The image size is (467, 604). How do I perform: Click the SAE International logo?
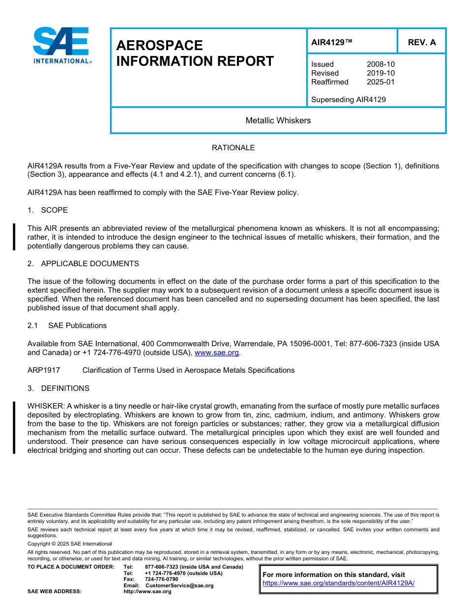[x=61, y=45]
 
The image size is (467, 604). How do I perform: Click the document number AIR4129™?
[x=332, y=42]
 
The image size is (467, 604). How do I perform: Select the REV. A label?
[x=421, y=42]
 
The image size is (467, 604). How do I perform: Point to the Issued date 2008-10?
[x=380, y=64]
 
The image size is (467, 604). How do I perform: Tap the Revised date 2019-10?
[x=380, y=73]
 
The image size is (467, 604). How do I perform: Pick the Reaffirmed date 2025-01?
[x=380, y=82]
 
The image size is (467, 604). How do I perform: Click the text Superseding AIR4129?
[x=348, y=100]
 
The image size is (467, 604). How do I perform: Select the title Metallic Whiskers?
[x=278, y=120]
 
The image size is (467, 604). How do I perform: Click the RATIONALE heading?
[x=233, y=148]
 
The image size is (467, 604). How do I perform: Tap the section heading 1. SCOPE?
[x=48, y=210]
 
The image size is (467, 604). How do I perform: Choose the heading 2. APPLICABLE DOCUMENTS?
[x=83, y=264]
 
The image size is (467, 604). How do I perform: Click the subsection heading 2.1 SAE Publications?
[x=67, y=326]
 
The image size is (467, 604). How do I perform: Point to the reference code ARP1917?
[x=44, y=370]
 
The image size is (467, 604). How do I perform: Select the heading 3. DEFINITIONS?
[x=58, y=388]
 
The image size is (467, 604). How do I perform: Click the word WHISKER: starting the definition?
[x=46, y=406]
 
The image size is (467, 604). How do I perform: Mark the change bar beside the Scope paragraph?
[x=14, y=237]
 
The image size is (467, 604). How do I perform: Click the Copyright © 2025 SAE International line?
[x=70, y=544]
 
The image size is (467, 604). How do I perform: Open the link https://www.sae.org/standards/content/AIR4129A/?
[x=338, y=583]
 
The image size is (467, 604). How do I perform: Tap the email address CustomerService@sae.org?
[x=179, y=585]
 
